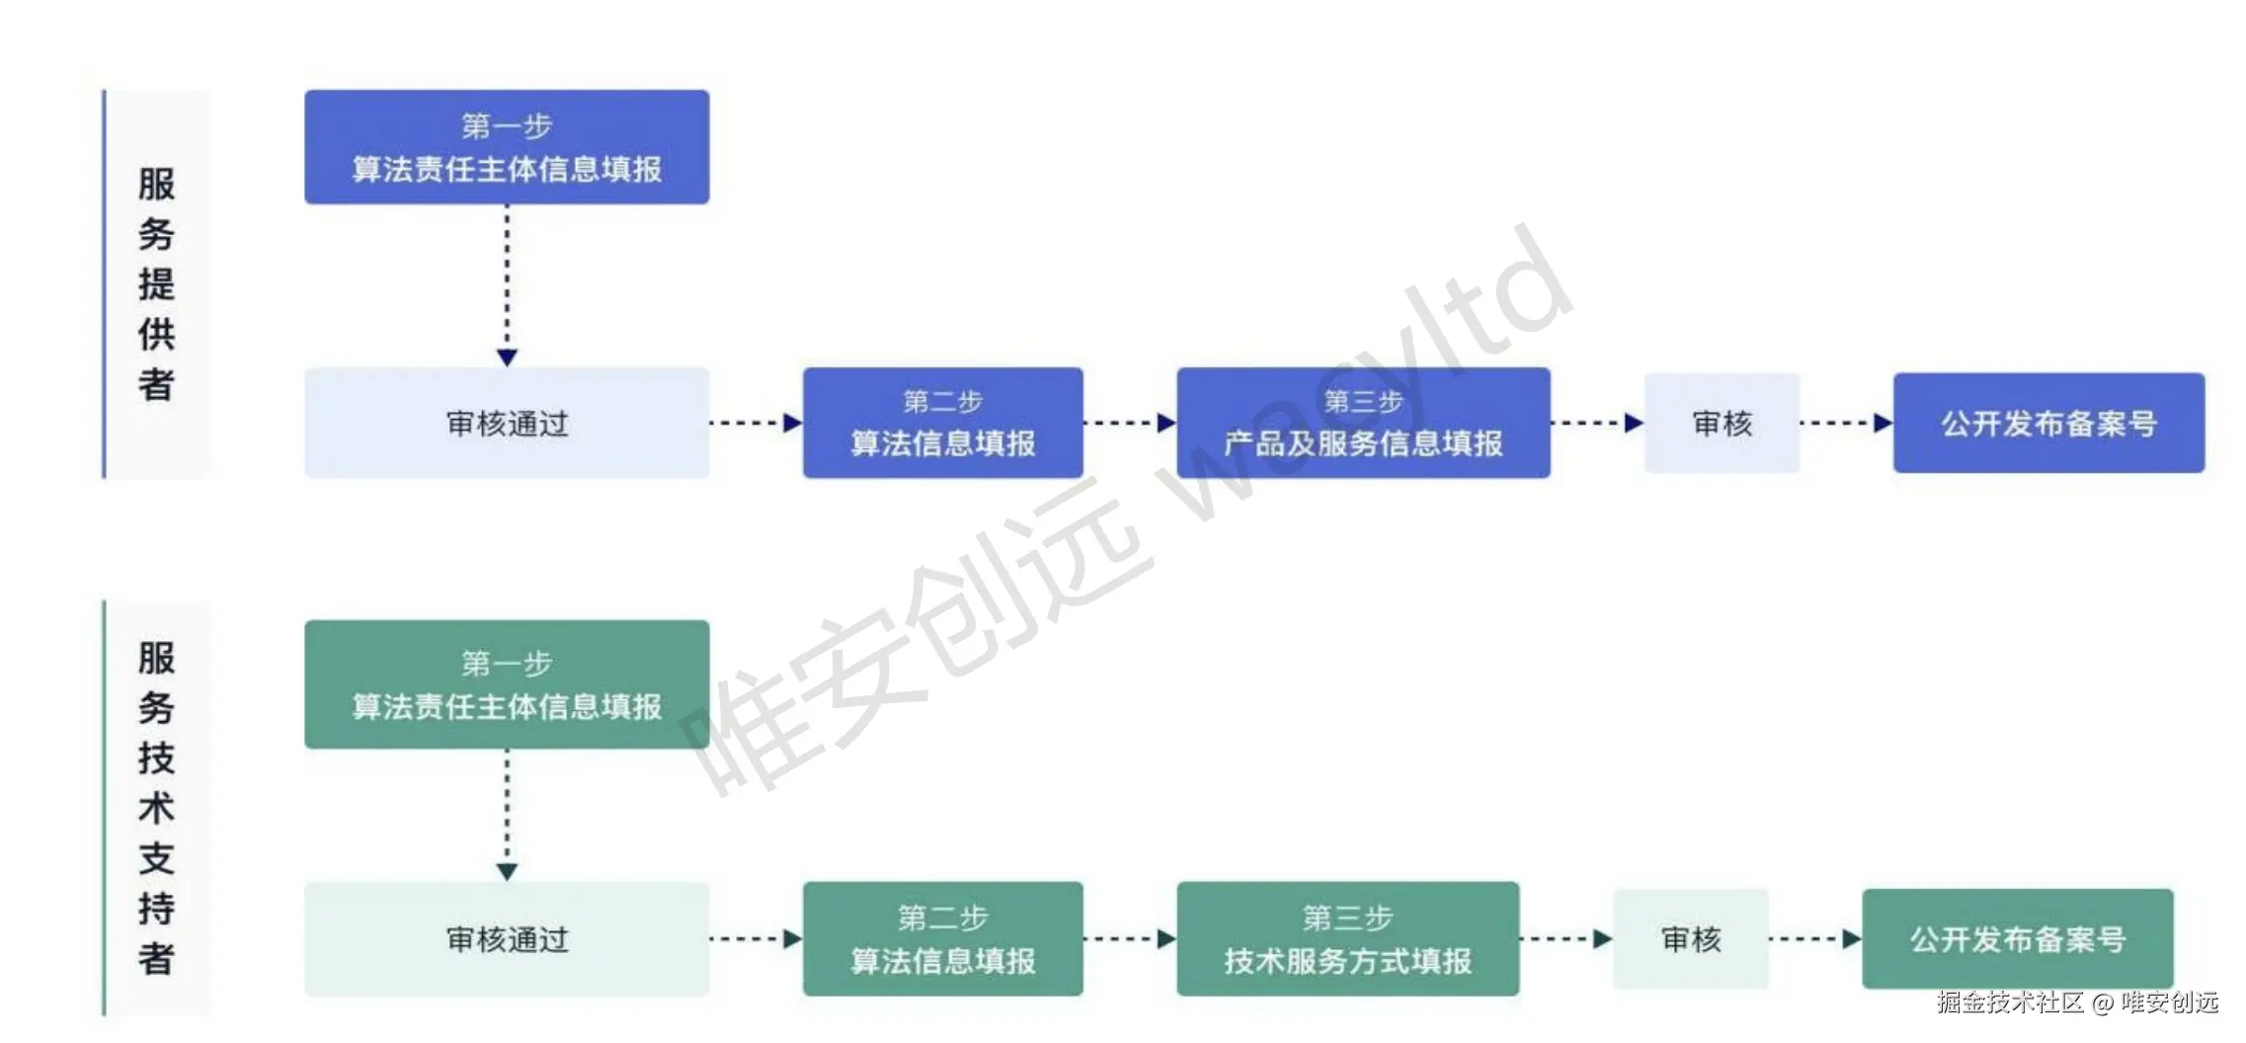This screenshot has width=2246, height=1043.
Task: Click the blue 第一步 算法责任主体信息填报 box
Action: tap(506, 147)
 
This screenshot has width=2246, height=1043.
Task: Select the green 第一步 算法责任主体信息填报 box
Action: tap(506, 684)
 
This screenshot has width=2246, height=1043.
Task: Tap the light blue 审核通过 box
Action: tap(506, 424)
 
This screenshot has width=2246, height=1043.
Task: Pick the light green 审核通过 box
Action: tap(506, 939)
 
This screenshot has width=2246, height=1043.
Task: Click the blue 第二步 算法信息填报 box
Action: tap(942, 424)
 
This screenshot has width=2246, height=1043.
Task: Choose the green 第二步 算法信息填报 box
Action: tap(942, 939)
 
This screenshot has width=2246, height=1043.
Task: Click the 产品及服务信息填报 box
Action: tap(1363, 424)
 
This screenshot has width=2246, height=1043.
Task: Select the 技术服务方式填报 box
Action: tap(1347, 939)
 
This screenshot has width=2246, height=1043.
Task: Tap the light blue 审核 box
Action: tap(1722, 424)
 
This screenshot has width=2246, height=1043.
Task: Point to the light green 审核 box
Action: tap(1690, 939)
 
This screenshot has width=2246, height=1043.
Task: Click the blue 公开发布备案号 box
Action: tap(2048, 424)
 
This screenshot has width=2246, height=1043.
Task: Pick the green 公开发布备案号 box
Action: tap(2017, 939)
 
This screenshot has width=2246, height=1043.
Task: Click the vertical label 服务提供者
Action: tap(156, 284)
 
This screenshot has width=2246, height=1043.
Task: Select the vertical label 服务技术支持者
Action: tap(156, 808)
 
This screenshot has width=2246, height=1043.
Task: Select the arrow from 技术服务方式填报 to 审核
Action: tap(1565, 939)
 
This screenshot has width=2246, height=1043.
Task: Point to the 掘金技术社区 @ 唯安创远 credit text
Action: tap(2077, 1003)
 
